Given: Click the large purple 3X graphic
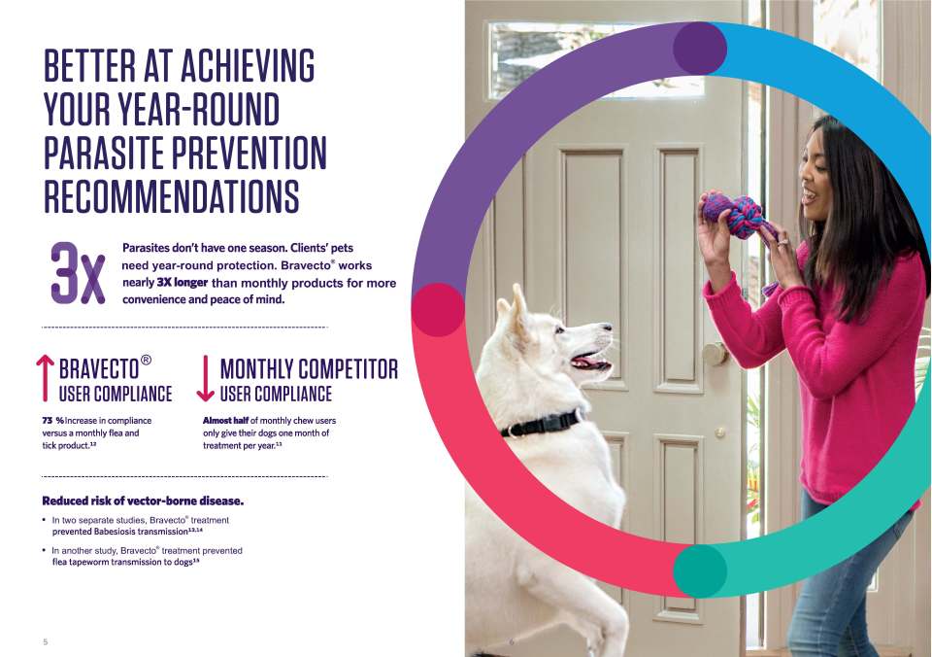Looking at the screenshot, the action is coord(78,273).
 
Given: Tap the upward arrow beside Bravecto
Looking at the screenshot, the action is coord(45,378).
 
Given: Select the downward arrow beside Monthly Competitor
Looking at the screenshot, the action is coord(205,378).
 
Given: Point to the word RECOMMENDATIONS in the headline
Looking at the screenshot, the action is coord(172,195).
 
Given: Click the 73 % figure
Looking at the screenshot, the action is coord(52,421).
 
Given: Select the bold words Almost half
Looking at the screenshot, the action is coord(225,421).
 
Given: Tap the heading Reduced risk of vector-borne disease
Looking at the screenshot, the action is coord(143,501).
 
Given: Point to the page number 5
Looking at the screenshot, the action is coord(46,641).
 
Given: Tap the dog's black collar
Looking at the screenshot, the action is coord(541,423).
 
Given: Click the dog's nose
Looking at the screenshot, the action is coord(607,327).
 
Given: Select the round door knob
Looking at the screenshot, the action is coord(715,354).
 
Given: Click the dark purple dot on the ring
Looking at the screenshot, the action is coord(700,49).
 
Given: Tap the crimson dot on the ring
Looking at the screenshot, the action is coord(438,309).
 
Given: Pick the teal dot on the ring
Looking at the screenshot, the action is coord(700,571).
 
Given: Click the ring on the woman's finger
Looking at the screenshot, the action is coord(781,242).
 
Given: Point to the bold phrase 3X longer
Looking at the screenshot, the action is coord(182,282).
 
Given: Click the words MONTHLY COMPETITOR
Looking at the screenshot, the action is coord(309,369).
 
